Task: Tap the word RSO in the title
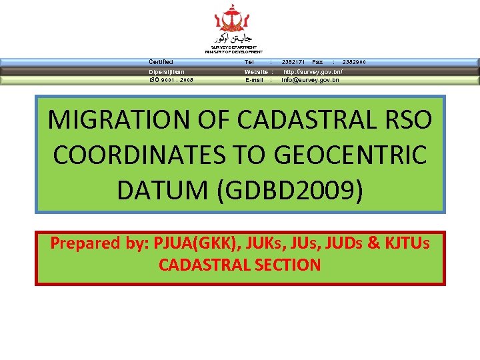(402, 120)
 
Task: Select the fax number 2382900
(354, 62)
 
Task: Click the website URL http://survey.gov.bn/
(313, 71)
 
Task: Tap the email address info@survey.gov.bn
(310, 80)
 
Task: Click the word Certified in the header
(161, 62)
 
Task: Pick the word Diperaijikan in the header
(167, 71)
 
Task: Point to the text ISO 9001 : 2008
(171, 80)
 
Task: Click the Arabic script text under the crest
(233, 39)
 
